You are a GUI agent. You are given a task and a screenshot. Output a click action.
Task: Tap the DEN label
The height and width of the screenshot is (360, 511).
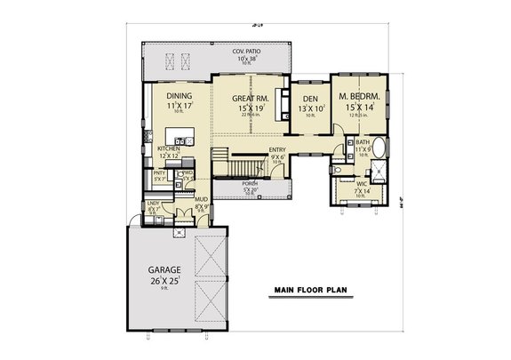(310, 99)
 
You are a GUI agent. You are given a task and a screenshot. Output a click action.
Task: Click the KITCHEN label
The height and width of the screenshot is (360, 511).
(171, 148)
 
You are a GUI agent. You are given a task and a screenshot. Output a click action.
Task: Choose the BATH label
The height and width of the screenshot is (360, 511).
(363, 141)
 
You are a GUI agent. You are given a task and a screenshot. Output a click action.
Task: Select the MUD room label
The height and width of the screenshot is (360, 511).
(200, 201)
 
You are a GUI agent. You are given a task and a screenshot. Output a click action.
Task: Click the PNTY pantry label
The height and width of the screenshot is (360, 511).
(160, 172)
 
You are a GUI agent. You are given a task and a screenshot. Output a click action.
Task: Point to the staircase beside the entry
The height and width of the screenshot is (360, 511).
(236, 165)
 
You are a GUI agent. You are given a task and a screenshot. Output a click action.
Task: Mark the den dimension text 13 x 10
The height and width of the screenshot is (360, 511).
(310, 109)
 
